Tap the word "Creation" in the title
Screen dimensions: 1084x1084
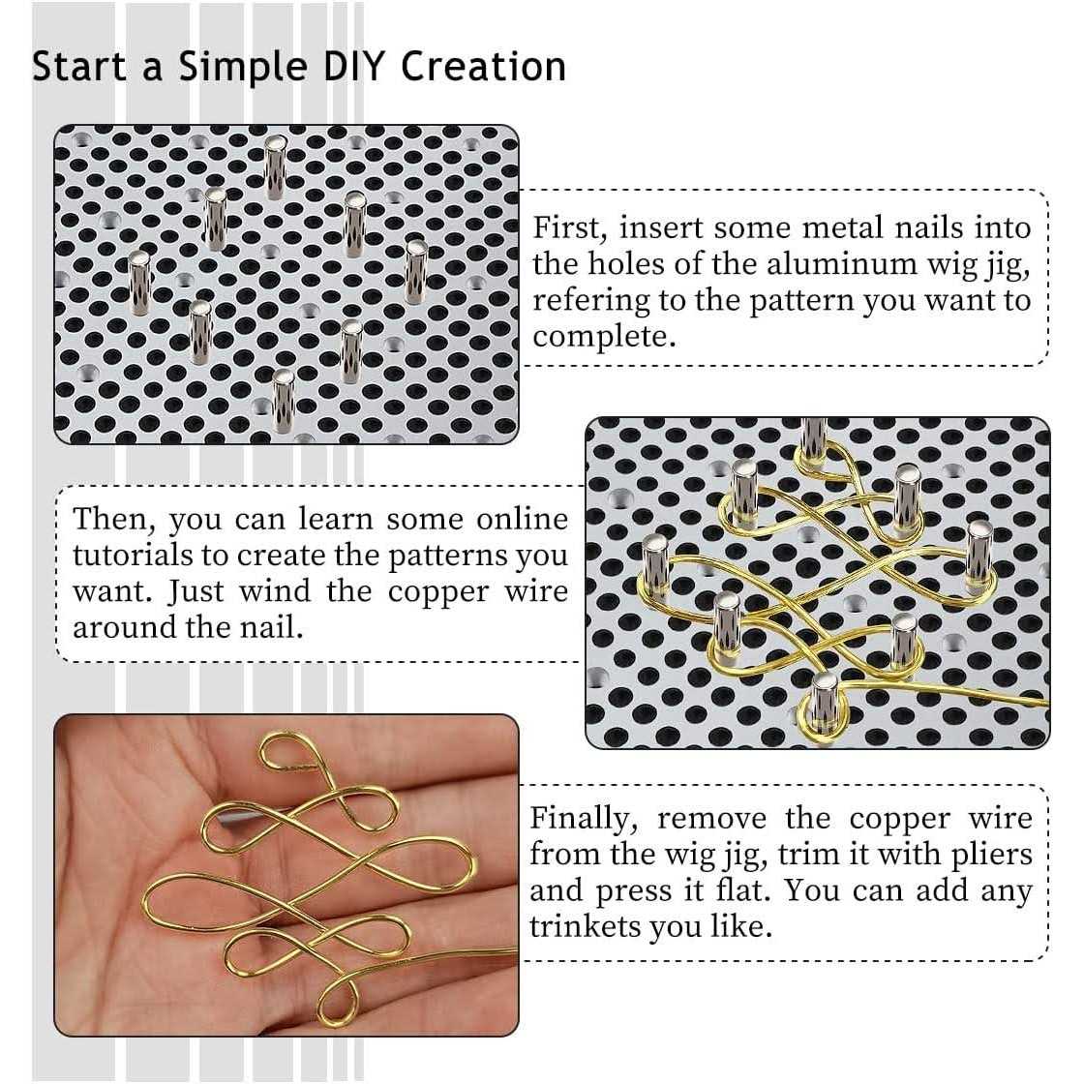pyautogui.click(x=483, y=67)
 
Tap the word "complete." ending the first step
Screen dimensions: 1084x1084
pyautogui.click(x=604, y=338)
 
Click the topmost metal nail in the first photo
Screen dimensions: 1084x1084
pyautogui.click(x=275, y=167)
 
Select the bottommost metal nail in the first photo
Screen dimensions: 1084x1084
pyautogui.click(x=283, y=401)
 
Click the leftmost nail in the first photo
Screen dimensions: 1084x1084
pyautogui.click(x=139, y=283)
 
